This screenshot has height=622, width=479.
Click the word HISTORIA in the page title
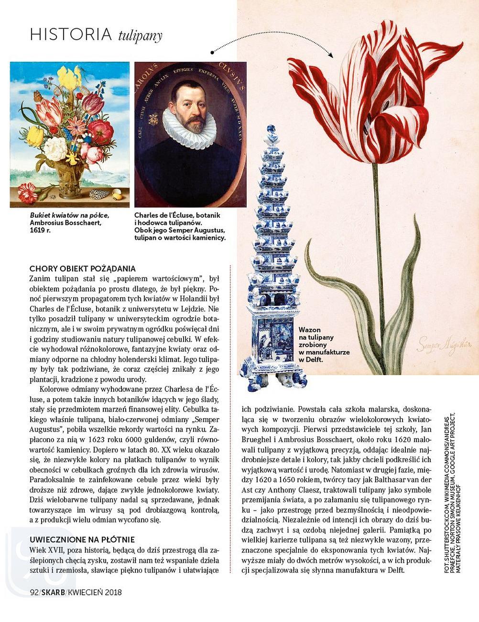pos(71,34)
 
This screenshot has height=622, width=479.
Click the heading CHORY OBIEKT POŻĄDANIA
pos(82,268)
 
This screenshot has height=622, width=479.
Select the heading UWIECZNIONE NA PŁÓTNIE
pos(82,539)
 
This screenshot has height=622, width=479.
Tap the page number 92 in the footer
pos(34,592)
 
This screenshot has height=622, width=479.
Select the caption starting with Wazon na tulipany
pos(324,344)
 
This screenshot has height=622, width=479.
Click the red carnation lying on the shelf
pos(28,192)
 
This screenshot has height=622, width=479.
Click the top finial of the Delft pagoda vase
pos(272,131)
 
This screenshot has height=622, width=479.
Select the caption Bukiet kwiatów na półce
pos(69,215)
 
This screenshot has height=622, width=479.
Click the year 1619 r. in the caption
pos(40,230)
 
